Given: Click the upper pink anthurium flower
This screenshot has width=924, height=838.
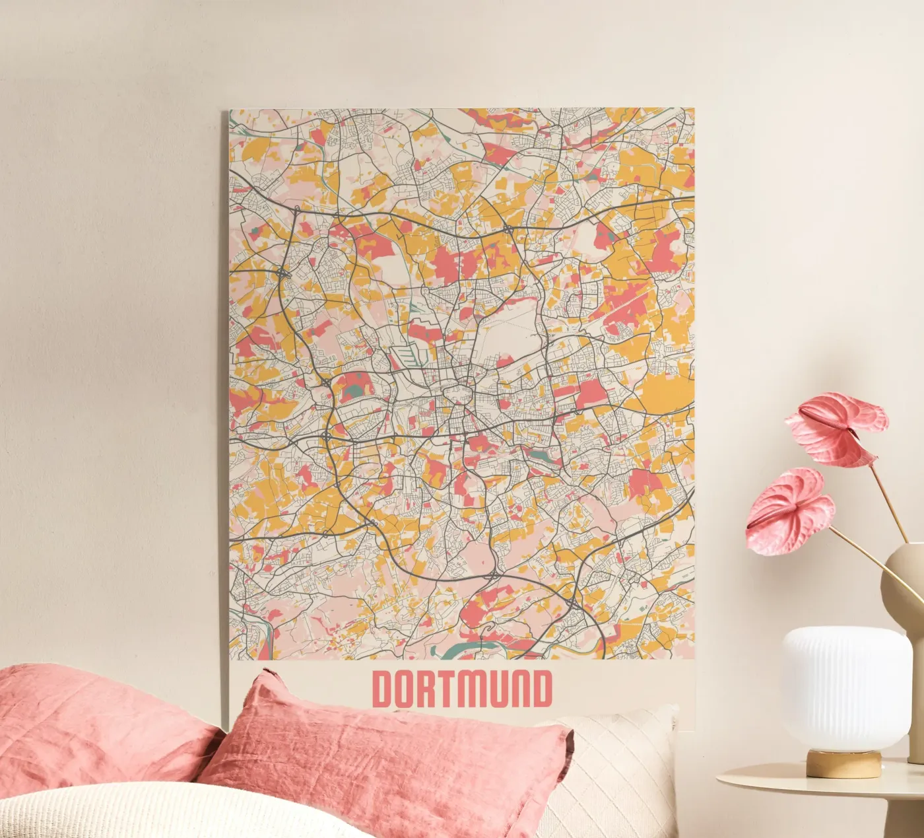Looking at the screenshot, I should coord(838,426).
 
